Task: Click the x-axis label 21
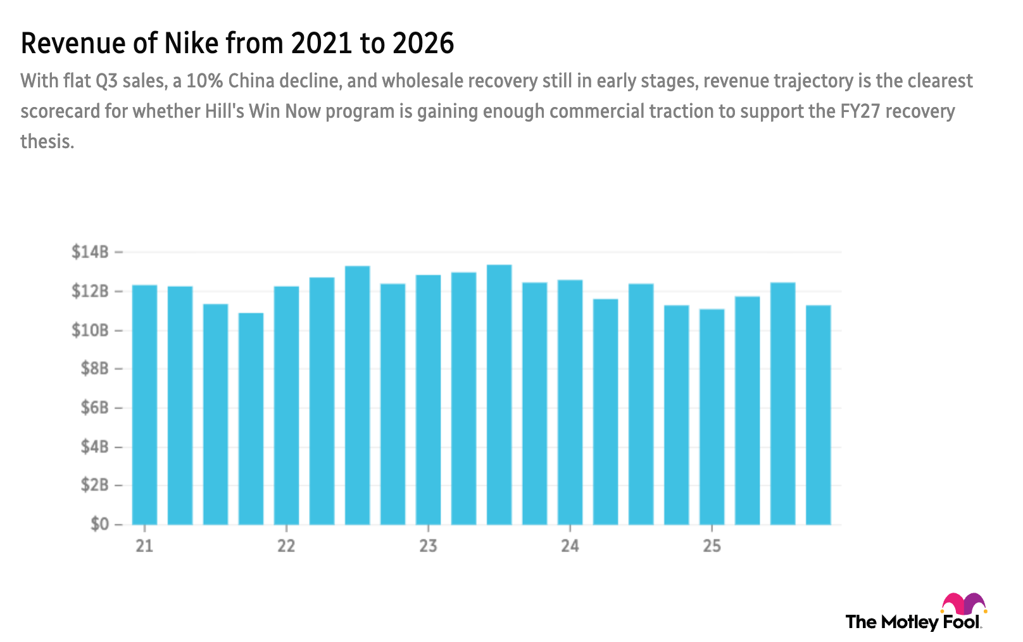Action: tap(144, 545)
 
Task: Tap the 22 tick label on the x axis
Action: tap(286, 545)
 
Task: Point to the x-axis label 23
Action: tap(429, 545)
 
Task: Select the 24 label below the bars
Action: tap(570, 545)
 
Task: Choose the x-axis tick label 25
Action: tap(712, 545)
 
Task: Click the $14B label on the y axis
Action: tap(90, 252)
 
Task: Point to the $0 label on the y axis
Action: tap(99, 525)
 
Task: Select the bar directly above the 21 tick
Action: tap(144, 405)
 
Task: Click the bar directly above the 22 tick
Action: tap(286, 405)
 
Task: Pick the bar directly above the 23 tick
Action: tap(429, 399)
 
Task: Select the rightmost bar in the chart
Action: tap(818, 415)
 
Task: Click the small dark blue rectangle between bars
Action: tap(765, 312)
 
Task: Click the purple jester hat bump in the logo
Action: tap(974, 601)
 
